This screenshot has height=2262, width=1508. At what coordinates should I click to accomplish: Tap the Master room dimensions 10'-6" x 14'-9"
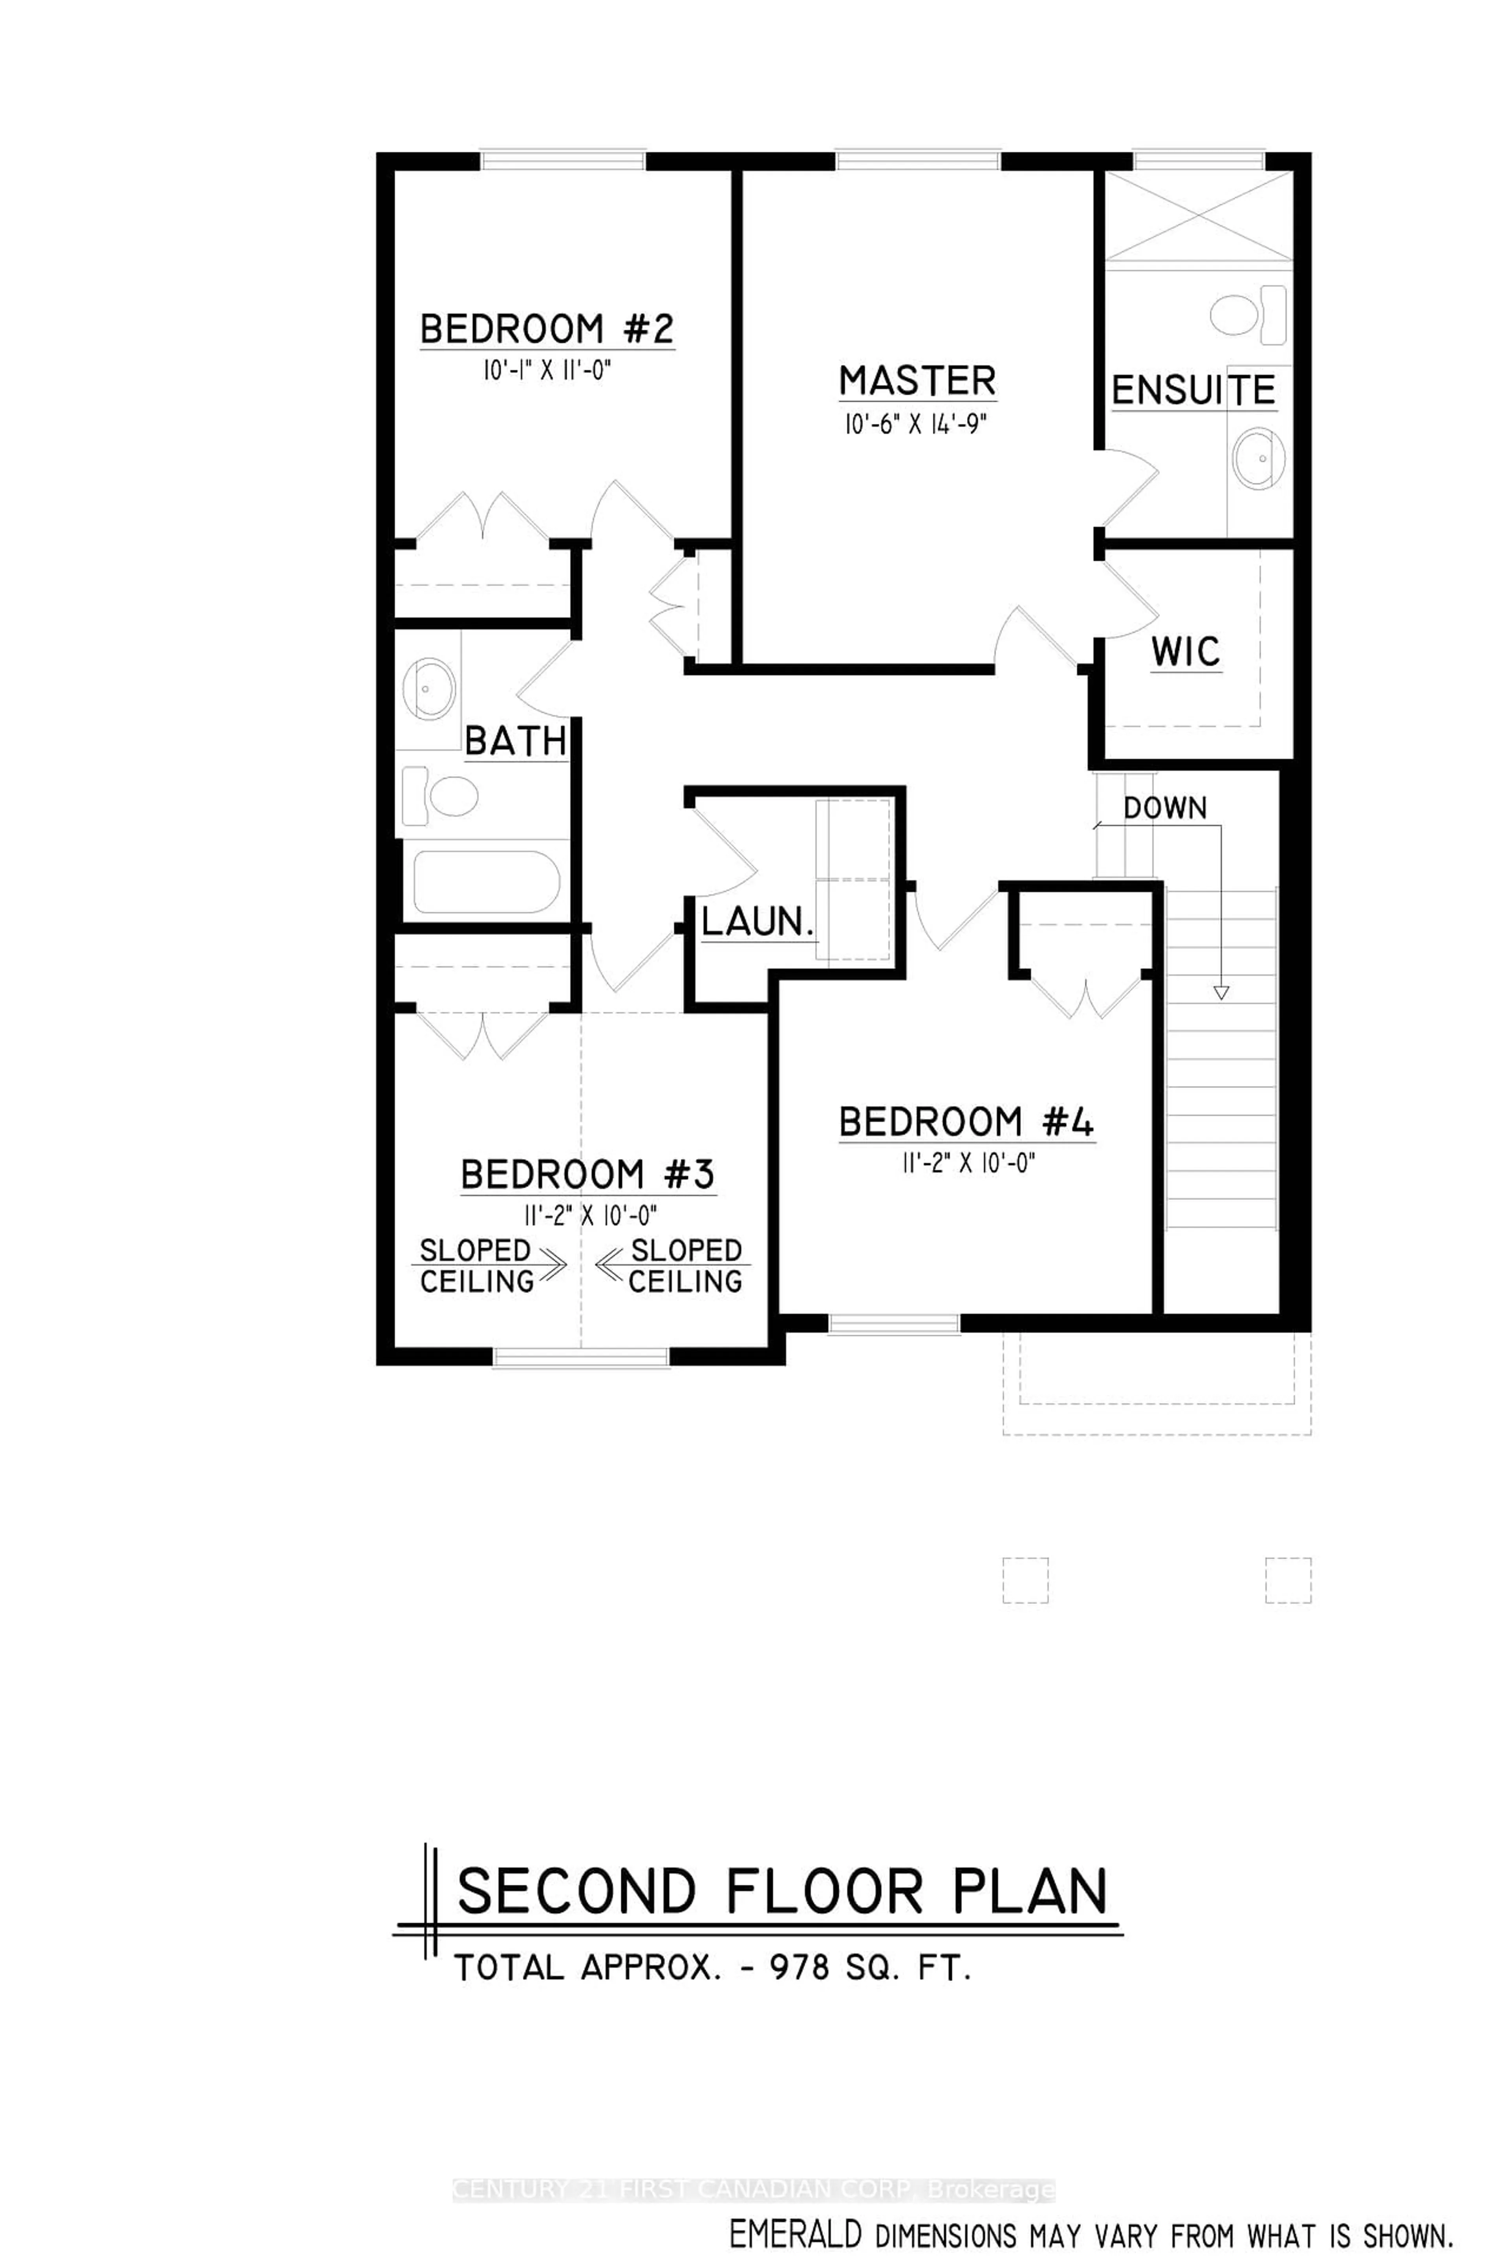point(917,424)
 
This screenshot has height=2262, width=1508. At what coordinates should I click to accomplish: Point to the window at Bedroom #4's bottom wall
point(895,1324)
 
